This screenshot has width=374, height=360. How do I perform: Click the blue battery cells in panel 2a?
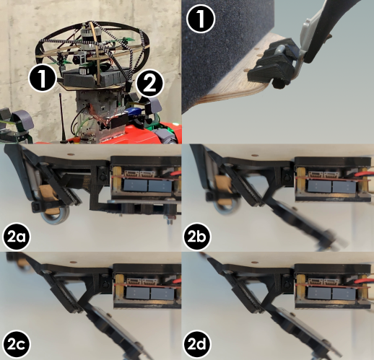click(149, 185)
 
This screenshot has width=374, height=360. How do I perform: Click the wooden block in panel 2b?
click(225, 192)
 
